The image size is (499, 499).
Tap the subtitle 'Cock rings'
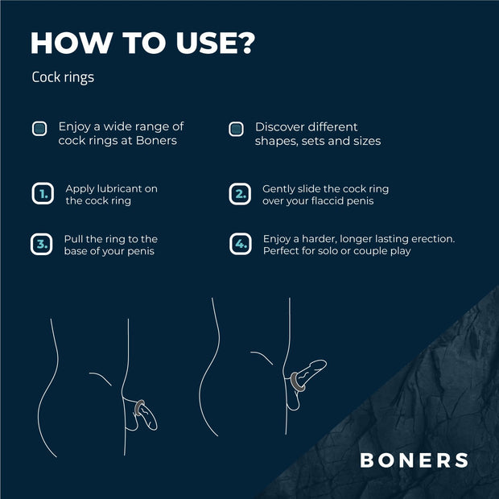point(64,78)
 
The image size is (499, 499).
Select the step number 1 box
point(42,194)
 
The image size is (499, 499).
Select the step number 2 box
point(240,194)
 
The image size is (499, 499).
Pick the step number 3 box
point(42,244)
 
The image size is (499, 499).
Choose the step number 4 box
point(240,244)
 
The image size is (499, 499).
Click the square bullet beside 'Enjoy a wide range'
point(39,129)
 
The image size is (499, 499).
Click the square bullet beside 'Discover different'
point(236,129)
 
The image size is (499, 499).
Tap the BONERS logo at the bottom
point(414,460)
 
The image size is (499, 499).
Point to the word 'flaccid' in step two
point(332,200)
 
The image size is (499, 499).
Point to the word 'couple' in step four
point(358,251)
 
